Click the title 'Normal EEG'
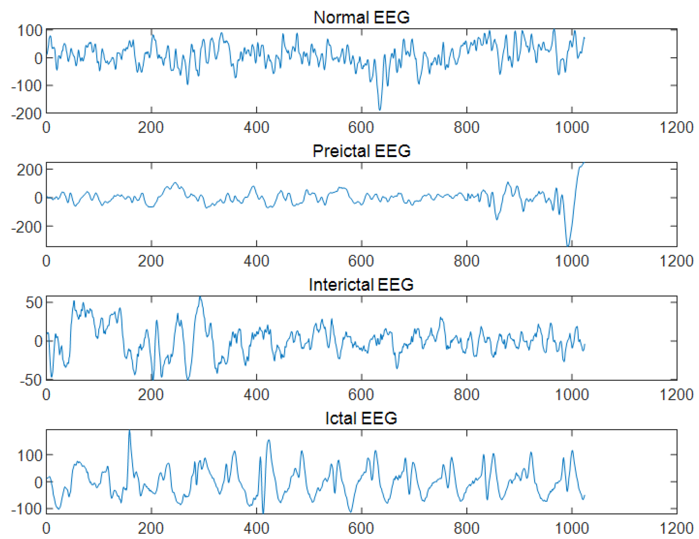pos(361,17)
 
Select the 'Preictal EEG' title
pos(361,151)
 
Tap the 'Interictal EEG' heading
pos(361,284)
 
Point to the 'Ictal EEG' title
pos(361,418)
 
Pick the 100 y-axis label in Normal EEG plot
pos(30,31)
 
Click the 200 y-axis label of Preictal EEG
pos(30,170)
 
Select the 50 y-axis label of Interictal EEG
pos(34,303)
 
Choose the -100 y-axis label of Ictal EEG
pos(27,509)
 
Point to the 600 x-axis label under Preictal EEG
pos(361,261)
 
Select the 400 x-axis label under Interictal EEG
pos(256,394)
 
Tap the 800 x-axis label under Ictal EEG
pos(466,528)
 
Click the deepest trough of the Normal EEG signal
pos(380,109)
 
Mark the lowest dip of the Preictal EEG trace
pos(568,246)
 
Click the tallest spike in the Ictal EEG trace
pos(129,431)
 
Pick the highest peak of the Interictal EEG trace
pos(200,297)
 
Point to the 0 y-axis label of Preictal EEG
pos(38,198)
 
